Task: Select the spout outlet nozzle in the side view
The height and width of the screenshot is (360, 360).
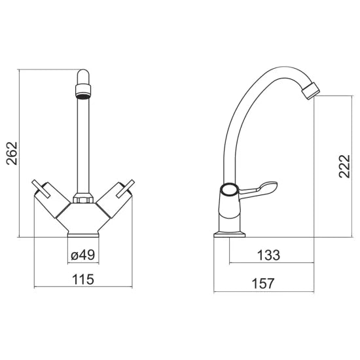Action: tap(310, 90)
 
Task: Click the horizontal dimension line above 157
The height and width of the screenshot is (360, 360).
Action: tap(263, 291)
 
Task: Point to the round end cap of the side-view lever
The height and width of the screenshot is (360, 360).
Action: tap(229, 190)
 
